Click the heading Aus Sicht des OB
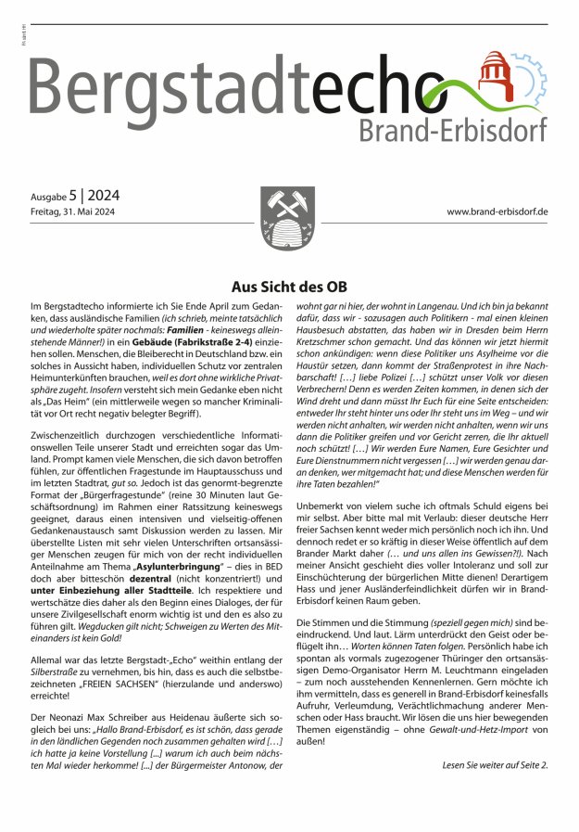289,288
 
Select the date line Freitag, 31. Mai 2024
75,212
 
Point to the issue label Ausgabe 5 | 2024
75,196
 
